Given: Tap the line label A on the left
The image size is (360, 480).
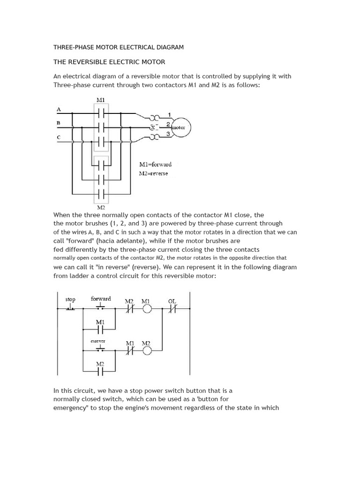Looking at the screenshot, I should coord(59,109).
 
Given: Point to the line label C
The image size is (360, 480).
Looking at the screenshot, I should coord(59,137).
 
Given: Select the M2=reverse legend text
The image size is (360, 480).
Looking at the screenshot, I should coord(153,173).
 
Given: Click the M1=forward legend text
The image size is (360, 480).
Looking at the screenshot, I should coord(155,164).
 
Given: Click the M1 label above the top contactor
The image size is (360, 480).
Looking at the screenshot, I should coord(100,100).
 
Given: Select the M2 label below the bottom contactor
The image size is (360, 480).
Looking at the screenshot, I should coord(101,207).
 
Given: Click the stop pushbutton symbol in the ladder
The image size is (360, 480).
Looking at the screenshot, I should coord(70,307).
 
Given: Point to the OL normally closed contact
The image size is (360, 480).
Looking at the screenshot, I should coord(172,309).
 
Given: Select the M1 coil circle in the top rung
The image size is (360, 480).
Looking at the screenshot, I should coord(147,309).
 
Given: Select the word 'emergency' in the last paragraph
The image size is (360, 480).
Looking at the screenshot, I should coord(71,407).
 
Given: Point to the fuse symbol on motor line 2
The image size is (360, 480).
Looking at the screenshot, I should coord(153,127).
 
